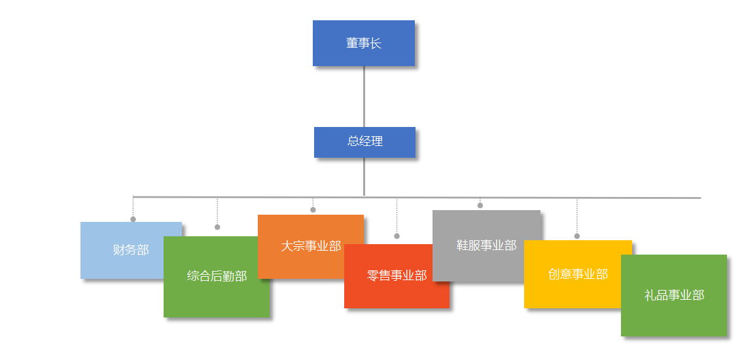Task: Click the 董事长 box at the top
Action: pos(363,43)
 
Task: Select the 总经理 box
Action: pos(364,142)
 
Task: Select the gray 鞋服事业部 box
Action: pos(486,245)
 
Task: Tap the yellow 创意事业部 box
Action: pos(577,274)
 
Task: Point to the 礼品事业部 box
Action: pos(674,295)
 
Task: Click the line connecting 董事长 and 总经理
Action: pos(364,96)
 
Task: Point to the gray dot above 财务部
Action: pos(133,219)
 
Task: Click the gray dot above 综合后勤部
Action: pos(217,227)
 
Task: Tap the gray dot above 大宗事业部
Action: pos(313,210)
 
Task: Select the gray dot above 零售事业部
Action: pos(397,236)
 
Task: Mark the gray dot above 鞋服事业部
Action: pos(480,206)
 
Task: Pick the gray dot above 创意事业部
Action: pos(576,236)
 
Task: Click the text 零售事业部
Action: pos(397,276)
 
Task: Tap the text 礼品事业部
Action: pos(674,295)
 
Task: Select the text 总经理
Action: pos(364,141)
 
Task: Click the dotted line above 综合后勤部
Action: pos(217,212)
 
